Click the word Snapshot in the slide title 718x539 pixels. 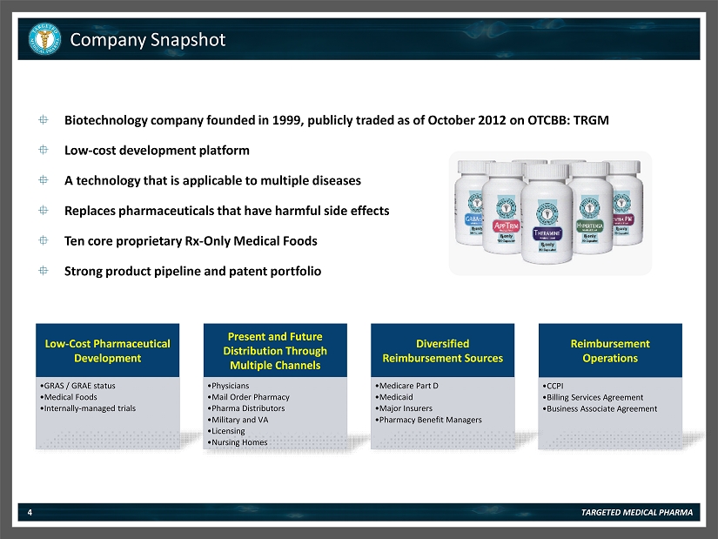(x=187, y=40)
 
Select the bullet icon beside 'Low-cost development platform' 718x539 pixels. (x=44, y=150)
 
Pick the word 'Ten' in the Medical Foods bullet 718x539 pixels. (x=76, y=241)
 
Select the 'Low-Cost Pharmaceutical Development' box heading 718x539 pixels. (x=108, y=351)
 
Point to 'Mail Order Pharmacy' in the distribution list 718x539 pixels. (x=246, y=397)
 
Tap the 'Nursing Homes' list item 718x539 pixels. (x=238, y=442)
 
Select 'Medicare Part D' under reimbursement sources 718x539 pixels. (x=406, y=385)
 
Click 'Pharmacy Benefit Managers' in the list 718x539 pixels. (x=428, y=420)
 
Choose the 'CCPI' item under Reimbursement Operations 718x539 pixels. (x=553, y=385)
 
